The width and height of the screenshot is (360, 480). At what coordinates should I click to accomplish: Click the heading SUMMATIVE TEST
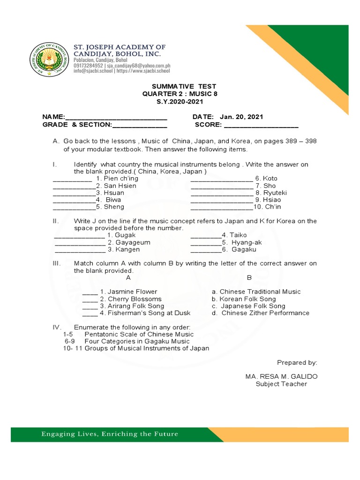pyautogui.click(x=184, y=87)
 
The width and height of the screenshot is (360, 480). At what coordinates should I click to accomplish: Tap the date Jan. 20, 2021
pyautogui.click(x=241, y=117)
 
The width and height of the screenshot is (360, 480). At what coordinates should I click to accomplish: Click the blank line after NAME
pyautogui.click(x=115, y=118)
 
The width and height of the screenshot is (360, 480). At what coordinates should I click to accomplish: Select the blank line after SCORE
pyautogui.click(x=261, y=125)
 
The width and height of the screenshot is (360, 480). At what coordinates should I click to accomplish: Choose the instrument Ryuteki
pyautogui.click(x=275, y=193)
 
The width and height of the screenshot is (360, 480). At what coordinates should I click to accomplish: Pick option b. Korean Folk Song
pyautogui.click(x=244, y=299)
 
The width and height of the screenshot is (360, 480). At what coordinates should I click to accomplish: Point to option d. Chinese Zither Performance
pyautogui.click(x=261, y=313)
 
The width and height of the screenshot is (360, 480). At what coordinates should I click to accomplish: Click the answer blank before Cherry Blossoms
pyautogui.click(x=90, y=299)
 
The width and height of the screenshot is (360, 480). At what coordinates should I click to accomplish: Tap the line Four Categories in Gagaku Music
pyautogui.click(x=137, y=341)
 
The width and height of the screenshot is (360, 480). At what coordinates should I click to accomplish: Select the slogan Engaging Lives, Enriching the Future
pyautogui.click(x=110, y=434)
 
